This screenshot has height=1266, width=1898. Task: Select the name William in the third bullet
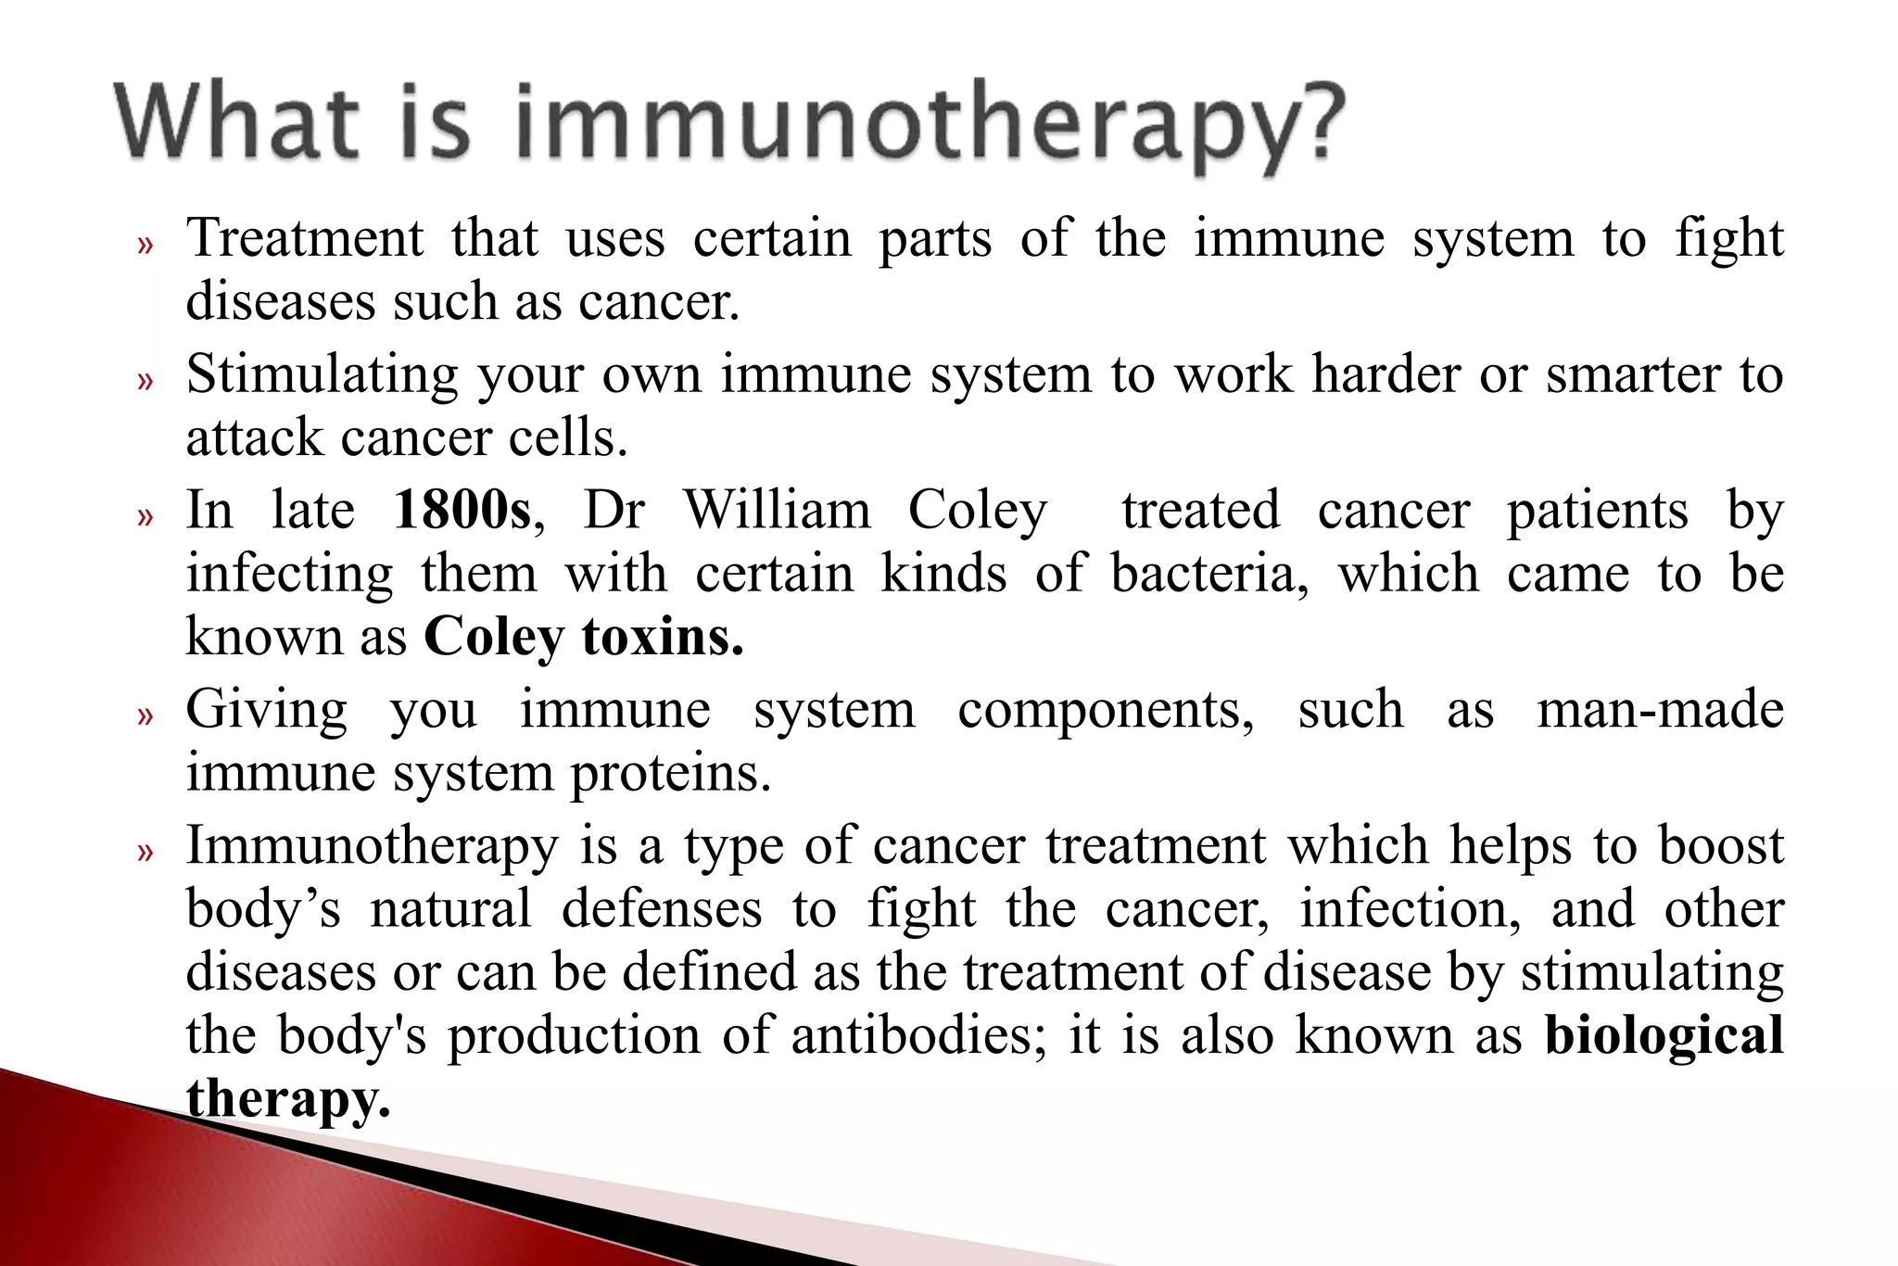click(x=777, y=511)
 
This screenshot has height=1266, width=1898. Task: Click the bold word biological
click(x=1664, y=1035)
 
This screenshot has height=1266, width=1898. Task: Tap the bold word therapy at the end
click(x=287, y=1099)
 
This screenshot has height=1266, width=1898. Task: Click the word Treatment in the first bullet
click(x=305, y=238)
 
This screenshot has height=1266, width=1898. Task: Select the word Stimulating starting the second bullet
click(x=322, y=375)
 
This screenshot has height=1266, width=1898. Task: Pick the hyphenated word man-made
click(x=1660, y=710)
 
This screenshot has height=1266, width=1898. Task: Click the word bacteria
click(x=1208, y=574)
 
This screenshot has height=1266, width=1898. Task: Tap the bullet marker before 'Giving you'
click(x=144, y=715)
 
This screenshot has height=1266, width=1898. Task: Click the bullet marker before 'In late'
click(x=144, y=515)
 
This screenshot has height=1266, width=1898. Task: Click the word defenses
click(x=662, y=908)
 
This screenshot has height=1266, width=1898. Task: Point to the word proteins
click(x=669, y=774)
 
